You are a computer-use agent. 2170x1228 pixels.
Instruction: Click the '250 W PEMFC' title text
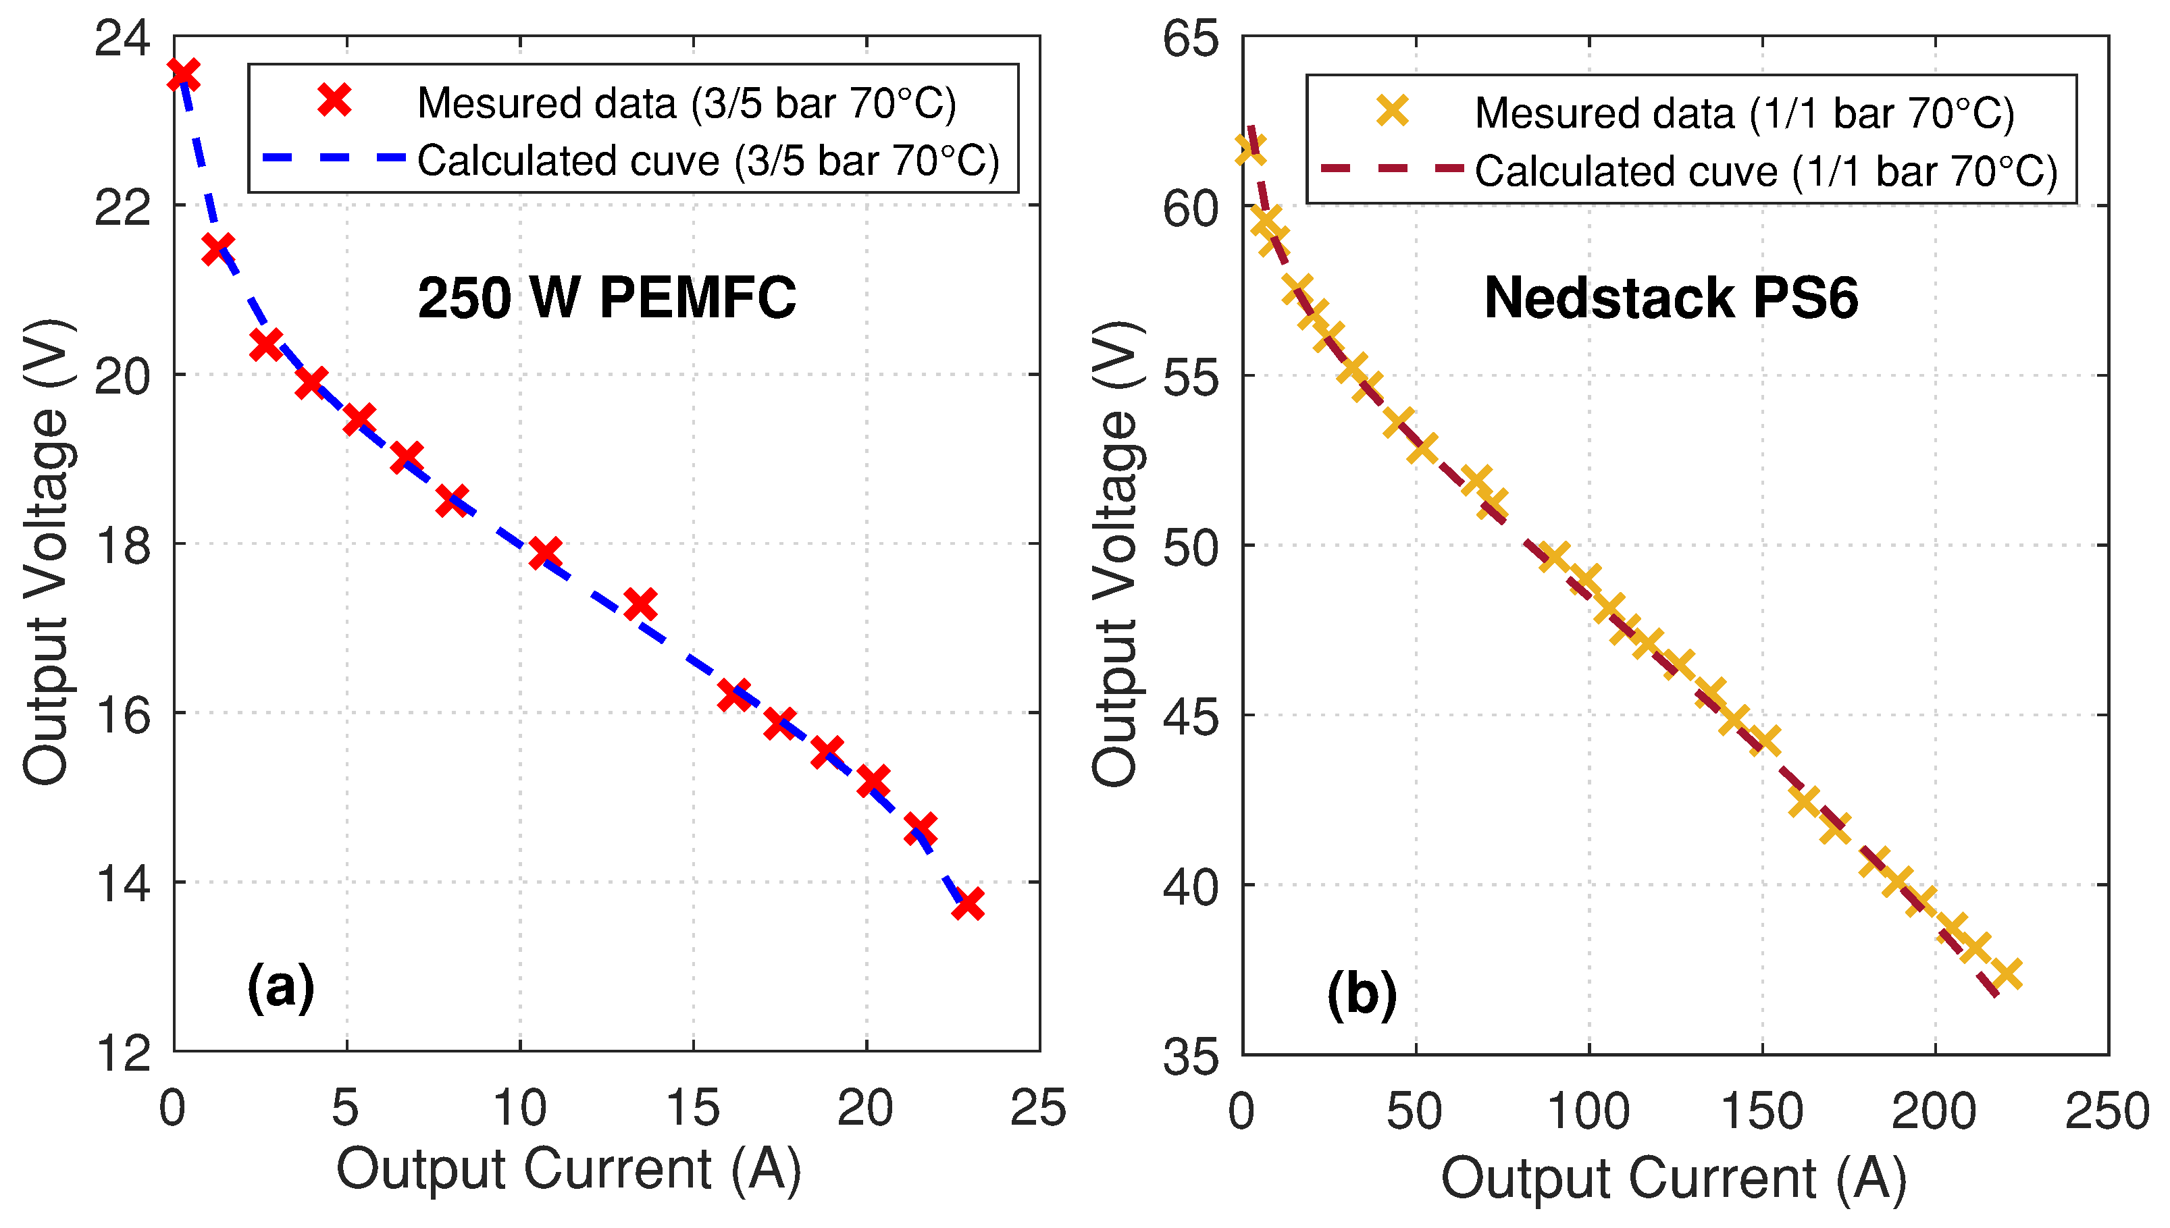606,298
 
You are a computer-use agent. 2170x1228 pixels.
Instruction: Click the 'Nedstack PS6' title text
1670,298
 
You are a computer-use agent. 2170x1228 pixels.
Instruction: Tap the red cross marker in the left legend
334,101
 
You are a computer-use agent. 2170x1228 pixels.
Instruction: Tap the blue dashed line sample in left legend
334,158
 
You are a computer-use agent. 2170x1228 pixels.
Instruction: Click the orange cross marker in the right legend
1392,111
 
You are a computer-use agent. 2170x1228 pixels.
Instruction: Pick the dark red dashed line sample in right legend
1392,169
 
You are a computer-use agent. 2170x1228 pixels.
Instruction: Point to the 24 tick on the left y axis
122,38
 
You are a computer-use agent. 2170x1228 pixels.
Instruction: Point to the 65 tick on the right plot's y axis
1191,38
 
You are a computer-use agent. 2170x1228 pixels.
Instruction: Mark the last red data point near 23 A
968,903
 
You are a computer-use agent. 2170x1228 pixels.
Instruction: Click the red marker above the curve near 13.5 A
640,604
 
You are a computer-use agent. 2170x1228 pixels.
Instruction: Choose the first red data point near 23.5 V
183,74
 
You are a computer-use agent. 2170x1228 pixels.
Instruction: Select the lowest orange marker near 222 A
2008,973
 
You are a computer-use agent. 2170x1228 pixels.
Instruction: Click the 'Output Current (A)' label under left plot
568,1170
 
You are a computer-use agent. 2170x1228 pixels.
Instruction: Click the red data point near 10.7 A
545,554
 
